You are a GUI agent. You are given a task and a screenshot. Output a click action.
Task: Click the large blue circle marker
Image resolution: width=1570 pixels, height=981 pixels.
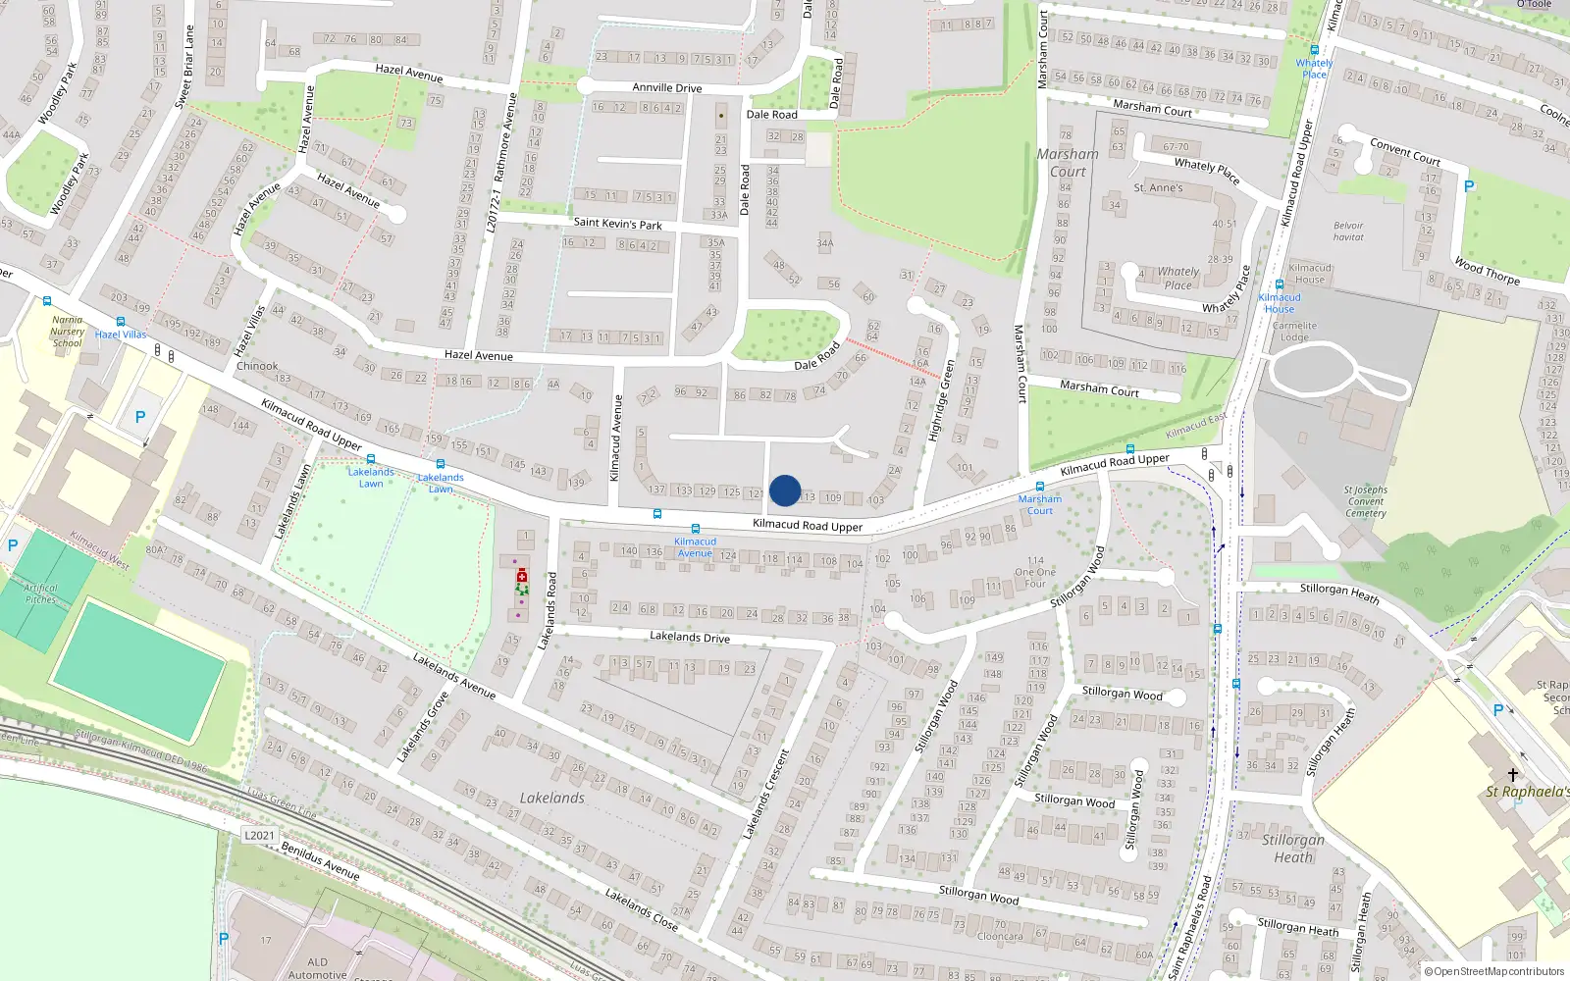[785, 490]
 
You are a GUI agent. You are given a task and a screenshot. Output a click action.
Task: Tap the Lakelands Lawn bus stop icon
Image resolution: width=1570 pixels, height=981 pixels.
[371, 459]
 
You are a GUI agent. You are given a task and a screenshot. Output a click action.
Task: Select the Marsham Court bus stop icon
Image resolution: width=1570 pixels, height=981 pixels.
[1040, 487]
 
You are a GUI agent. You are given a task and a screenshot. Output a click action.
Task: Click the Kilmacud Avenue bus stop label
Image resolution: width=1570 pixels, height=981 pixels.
[695, 547]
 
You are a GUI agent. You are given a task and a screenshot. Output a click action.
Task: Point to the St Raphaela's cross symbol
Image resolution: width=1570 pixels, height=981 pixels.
[1513, 775]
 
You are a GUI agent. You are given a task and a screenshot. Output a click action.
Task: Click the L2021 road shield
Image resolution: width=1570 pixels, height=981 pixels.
[259, 836]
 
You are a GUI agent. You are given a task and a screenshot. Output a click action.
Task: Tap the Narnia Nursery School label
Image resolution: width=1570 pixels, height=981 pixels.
[68, 332]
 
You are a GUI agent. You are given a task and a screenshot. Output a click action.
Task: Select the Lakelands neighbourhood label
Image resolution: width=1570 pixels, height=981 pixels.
[552, 799]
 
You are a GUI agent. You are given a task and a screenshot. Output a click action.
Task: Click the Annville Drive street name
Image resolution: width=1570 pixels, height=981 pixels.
[667, 87]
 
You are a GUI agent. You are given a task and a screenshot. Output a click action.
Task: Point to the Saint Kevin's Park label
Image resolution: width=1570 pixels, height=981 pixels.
[618, 224]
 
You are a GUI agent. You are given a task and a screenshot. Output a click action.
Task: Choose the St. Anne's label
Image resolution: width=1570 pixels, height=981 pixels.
[1158, 187]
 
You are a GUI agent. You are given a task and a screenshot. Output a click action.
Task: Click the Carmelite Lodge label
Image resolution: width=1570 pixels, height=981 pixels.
[1294, 332]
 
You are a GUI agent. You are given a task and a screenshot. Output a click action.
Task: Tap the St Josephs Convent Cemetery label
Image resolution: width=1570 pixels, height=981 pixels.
[1366, 501]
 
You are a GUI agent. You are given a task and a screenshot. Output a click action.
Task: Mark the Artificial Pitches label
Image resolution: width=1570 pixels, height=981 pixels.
[40, 594]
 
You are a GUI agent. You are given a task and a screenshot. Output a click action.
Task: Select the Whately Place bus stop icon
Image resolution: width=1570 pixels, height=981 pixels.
[1314, 50]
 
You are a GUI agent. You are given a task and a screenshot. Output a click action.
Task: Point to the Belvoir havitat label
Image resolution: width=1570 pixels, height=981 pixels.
[1348, 232]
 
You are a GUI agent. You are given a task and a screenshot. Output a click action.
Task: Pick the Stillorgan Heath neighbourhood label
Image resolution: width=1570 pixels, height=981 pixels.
[1293, 849]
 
